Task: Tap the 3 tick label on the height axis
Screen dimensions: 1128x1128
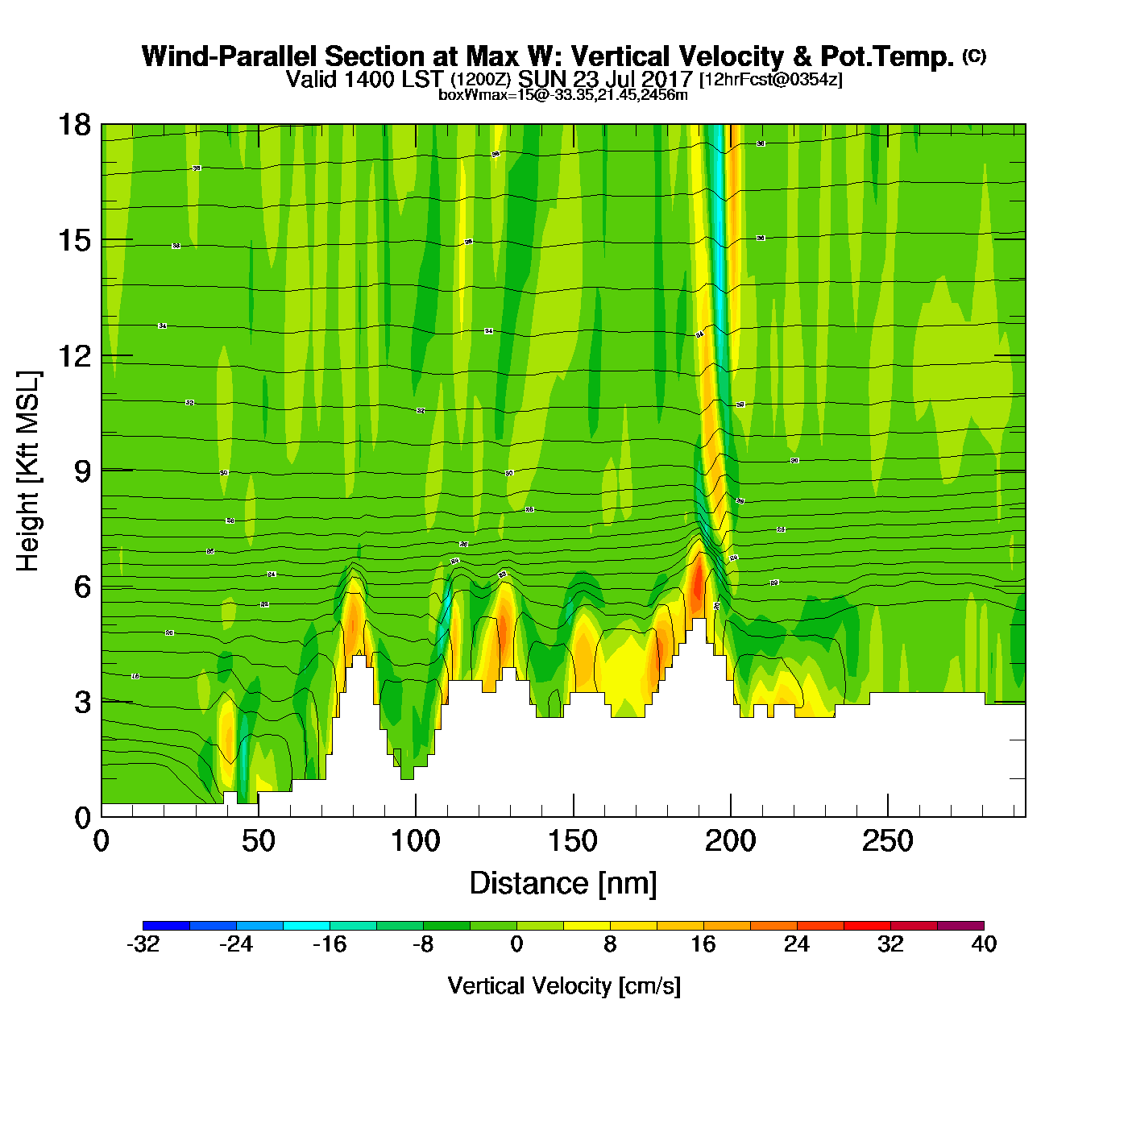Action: pos(82,702)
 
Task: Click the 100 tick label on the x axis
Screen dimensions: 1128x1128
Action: pos(416,842)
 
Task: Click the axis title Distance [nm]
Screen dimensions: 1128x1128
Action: pos(563,884)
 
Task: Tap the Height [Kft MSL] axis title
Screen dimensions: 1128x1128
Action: pos(28,471)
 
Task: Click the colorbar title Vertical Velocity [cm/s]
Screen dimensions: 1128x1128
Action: pos(564,986)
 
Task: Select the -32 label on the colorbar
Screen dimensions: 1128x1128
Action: pos(143,944)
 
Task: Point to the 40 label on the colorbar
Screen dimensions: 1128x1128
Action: pos(984,944)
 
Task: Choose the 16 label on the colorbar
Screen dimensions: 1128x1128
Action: pos(703,944)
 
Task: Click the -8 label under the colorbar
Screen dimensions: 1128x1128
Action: pos(423,944)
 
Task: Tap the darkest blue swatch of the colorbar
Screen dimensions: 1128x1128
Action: pos(166,926)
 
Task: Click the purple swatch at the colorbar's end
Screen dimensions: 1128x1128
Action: pos(960,926)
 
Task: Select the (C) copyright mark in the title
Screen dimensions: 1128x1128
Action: pos(974,56)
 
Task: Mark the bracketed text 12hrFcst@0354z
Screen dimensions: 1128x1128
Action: pos(770,80)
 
